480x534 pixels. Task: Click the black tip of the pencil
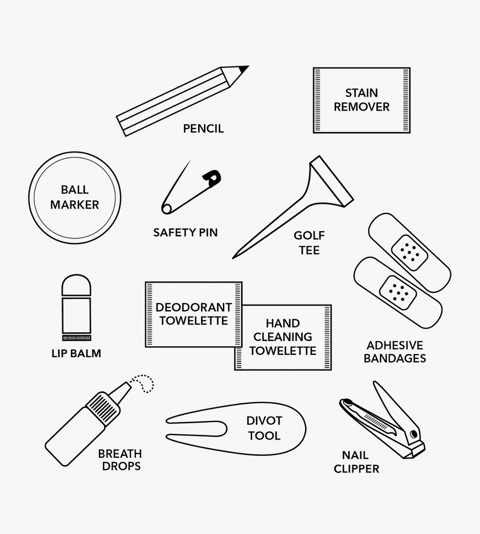(x=243, y=69)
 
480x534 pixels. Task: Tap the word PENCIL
(x=203, y=129)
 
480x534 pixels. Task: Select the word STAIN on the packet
(x=361, y=93)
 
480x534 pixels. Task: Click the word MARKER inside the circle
(x=75, y=205)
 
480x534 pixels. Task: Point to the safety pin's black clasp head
(x=212, y=178)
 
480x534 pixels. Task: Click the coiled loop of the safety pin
(x=167, y=209)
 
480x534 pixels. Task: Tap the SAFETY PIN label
(x=186, y=232)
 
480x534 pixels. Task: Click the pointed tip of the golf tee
(x=233, y=258)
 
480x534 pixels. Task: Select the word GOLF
(x=309, y=235)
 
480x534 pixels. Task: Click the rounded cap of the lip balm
(x=76, y=285)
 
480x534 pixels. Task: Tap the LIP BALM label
(x=76, y=353)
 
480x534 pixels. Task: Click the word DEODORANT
(x=194, y=307)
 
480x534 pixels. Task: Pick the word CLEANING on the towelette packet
(x=283, y=337)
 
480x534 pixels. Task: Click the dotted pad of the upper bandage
(x=409, y=253)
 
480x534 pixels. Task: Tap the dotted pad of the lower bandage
(x=398, y=293)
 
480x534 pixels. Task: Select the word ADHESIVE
(x=395, y=345)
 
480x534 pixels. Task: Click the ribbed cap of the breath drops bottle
(x=103, y=409)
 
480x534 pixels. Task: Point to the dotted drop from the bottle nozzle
(x=143, y=384)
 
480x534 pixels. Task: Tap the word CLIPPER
(x=356, y=469)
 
